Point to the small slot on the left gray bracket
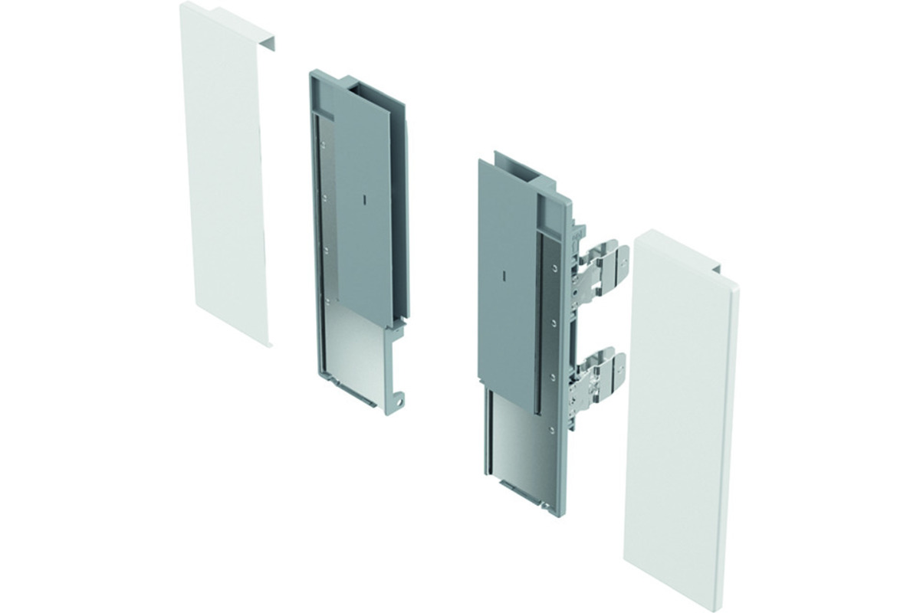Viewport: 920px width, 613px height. [x=366, y=198]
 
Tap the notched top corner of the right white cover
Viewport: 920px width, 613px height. [x=717, y=270]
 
